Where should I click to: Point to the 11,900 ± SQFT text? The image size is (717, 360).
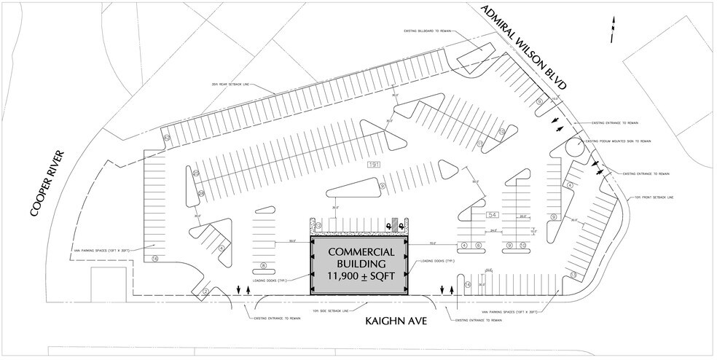click(361, 275)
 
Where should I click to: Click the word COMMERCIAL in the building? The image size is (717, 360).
click(361, 252)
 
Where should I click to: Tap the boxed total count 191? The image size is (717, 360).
click(374, 165)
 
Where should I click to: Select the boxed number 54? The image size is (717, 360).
click(492, 214)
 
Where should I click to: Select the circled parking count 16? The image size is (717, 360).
click(154, 258)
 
